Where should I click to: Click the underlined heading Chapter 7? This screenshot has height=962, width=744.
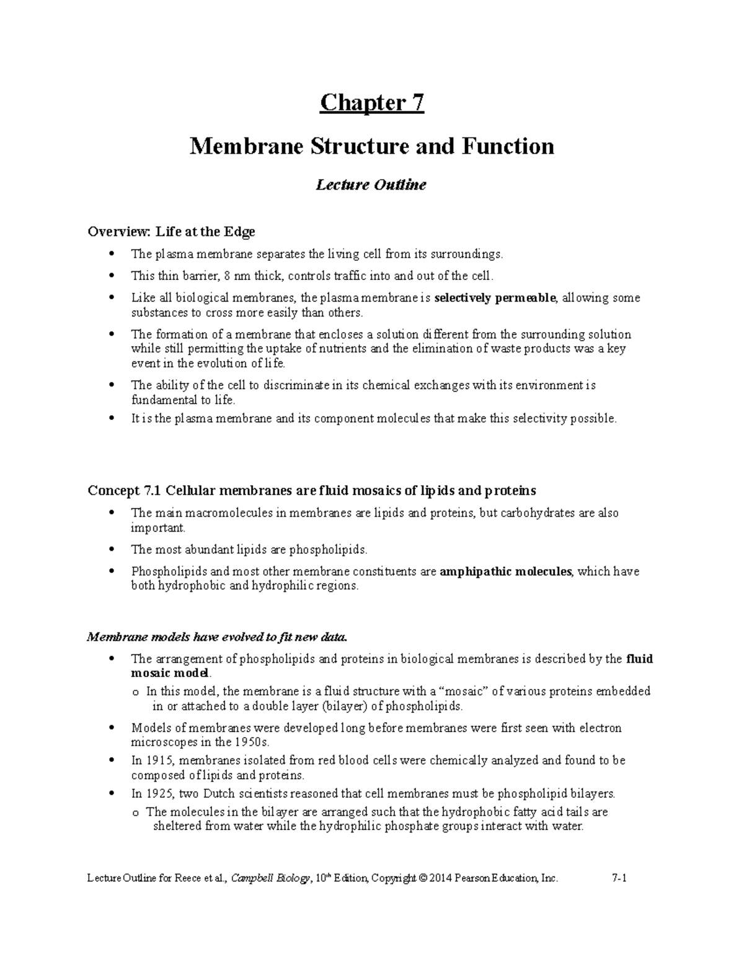click(371, 103)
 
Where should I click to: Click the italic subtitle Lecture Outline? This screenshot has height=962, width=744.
click(371, 185)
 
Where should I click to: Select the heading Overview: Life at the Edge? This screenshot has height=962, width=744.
click(171, 232)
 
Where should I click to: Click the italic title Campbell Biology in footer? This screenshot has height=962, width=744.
click(270, 878)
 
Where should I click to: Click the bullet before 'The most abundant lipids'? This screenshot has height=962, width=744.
click(112, 549)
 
